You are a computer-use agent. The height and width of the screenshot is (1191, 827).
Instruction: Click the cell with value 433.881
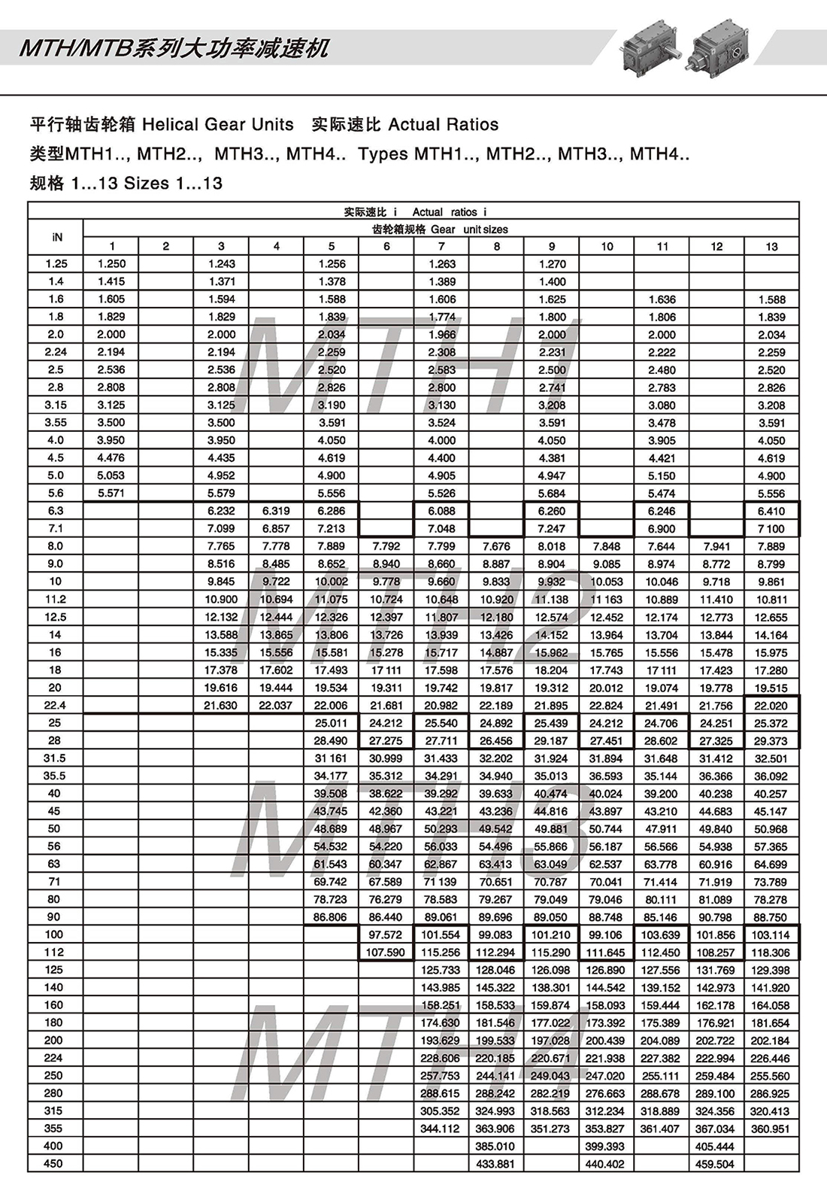click(495, 1163)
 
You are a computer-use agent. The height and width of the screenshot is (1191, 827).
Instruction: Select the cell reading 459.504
click(715, 1163)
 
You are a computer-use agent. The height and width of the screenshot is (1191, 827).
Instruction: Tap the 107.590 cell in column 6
click(386, 952)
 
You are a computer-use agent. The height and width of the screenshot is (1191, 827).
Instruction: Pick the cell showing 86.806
click(331, 916)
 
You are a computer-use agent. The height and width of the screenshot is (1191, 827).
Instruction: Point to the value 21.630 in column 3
click(220, 705)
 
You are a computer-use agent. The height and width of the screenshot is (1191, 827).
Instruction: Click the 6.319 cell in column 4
click(276, 510)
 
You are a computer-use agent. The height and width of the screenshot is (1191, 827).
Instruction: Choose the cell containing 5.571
click(111, 493)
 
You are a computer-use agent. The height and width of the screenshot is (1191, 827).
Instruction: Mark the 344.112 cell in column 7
click(440, 1128)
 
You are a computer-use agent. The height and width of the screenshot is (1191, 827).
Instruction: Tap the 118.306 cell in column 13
click(771, 952)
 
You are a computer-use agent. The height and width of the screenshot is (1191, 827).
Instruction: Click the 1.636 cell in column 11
click(662, 299)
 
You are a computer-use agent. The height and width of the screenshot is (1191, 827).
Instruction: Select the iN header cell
click(57, 237)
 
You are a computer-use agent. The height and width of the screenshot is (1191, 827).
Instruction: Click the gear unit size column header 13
click(771, 246)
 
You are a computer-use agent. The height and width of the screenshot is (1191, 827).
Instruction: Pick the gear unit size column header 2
click(166, 246)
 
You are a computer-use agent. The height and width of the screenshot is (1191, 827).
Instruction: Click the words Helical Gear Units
click(218, 124)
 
